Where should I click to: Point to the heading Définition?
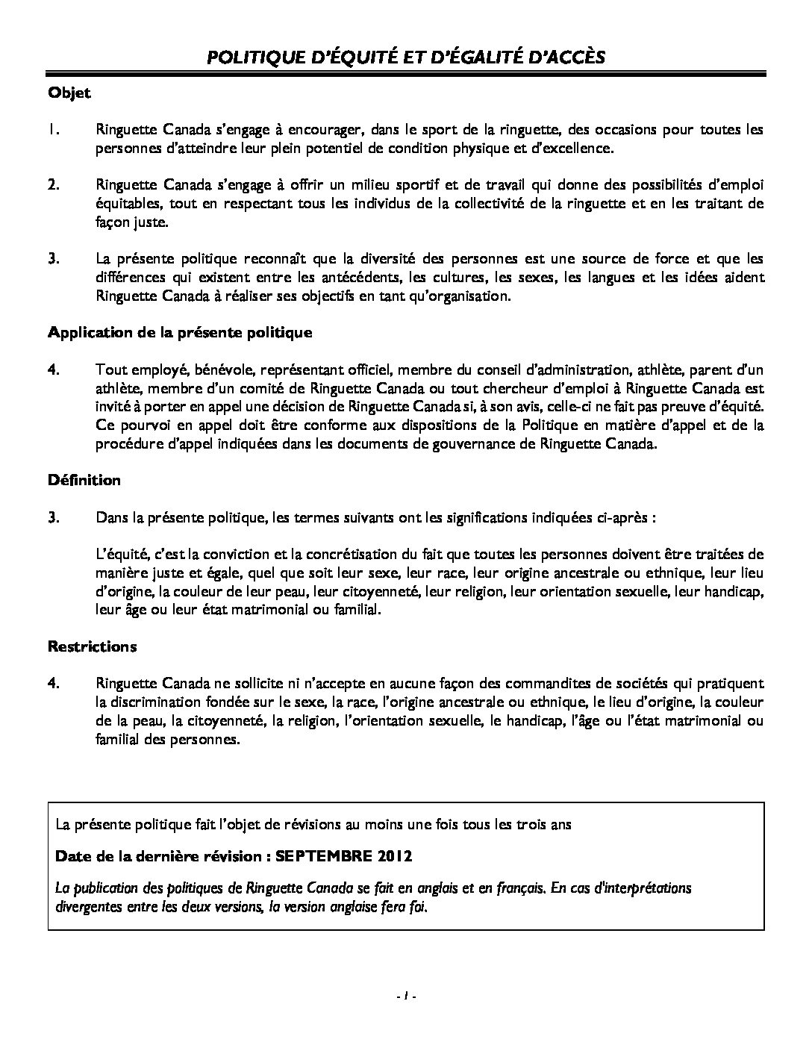(x=84, y=480)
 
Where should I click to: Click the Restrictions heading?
(x=92, y=646)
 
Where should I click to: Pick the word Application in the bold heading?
(x=86, y=333)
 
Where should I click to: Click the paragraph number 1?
(x=53, y=130)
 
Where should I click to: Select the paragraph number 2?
(x=53, y=184)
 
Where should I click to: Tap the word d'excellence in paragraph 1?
(x=575, y=148)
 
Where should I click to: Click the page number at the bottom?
(x=405, y=996)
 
